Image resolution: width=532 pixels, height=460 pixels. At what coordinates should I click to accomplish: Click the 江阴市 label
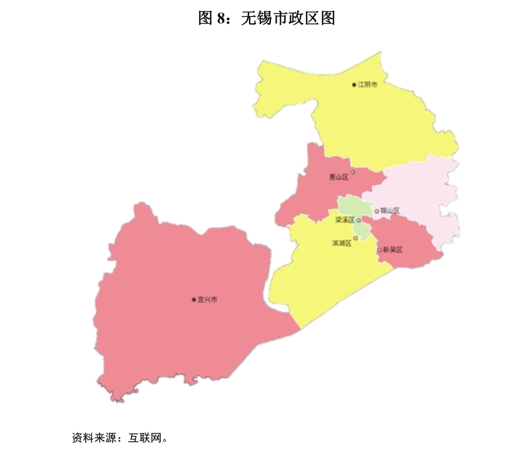(367, 85)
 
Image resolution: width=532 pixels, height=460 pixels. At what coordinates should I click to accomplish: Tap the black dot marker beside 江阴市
(354, 85)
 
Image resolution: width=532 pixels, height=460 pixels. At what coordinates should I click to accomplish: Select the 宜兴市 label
(207, 299)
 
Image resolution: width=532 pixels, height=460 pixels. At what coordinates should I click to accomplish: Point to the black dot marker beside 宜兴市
(194, 299)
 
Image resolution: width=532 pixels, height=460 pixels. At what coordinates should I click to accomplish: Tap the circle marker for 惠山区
(353, 172)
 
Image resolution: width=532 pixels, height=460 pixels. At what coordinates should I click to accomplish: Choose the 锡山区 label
(390, 211)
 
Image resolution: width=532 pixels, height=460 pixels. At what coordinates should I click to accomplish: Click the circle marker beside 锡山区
(377, 211)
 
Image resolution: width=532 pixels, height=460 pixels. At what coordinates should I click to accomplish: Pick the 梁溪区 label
(345, 220)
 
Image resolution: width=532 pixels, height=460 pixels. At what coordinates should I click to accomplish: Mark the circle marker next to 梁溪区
(359, 220)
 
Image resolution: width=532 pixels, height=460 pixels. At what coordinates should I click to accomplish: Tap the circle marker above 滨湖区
(355, 237)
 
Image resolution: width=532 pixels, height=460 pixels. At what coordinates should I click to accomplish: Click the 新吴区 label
(393, 250)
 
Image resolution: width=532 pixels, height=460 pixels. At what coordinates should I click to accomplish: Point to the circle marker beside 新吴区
(379, 250)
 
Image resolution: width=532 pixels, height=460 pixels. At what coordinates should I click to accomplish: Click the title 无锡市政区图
(288, 18)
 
